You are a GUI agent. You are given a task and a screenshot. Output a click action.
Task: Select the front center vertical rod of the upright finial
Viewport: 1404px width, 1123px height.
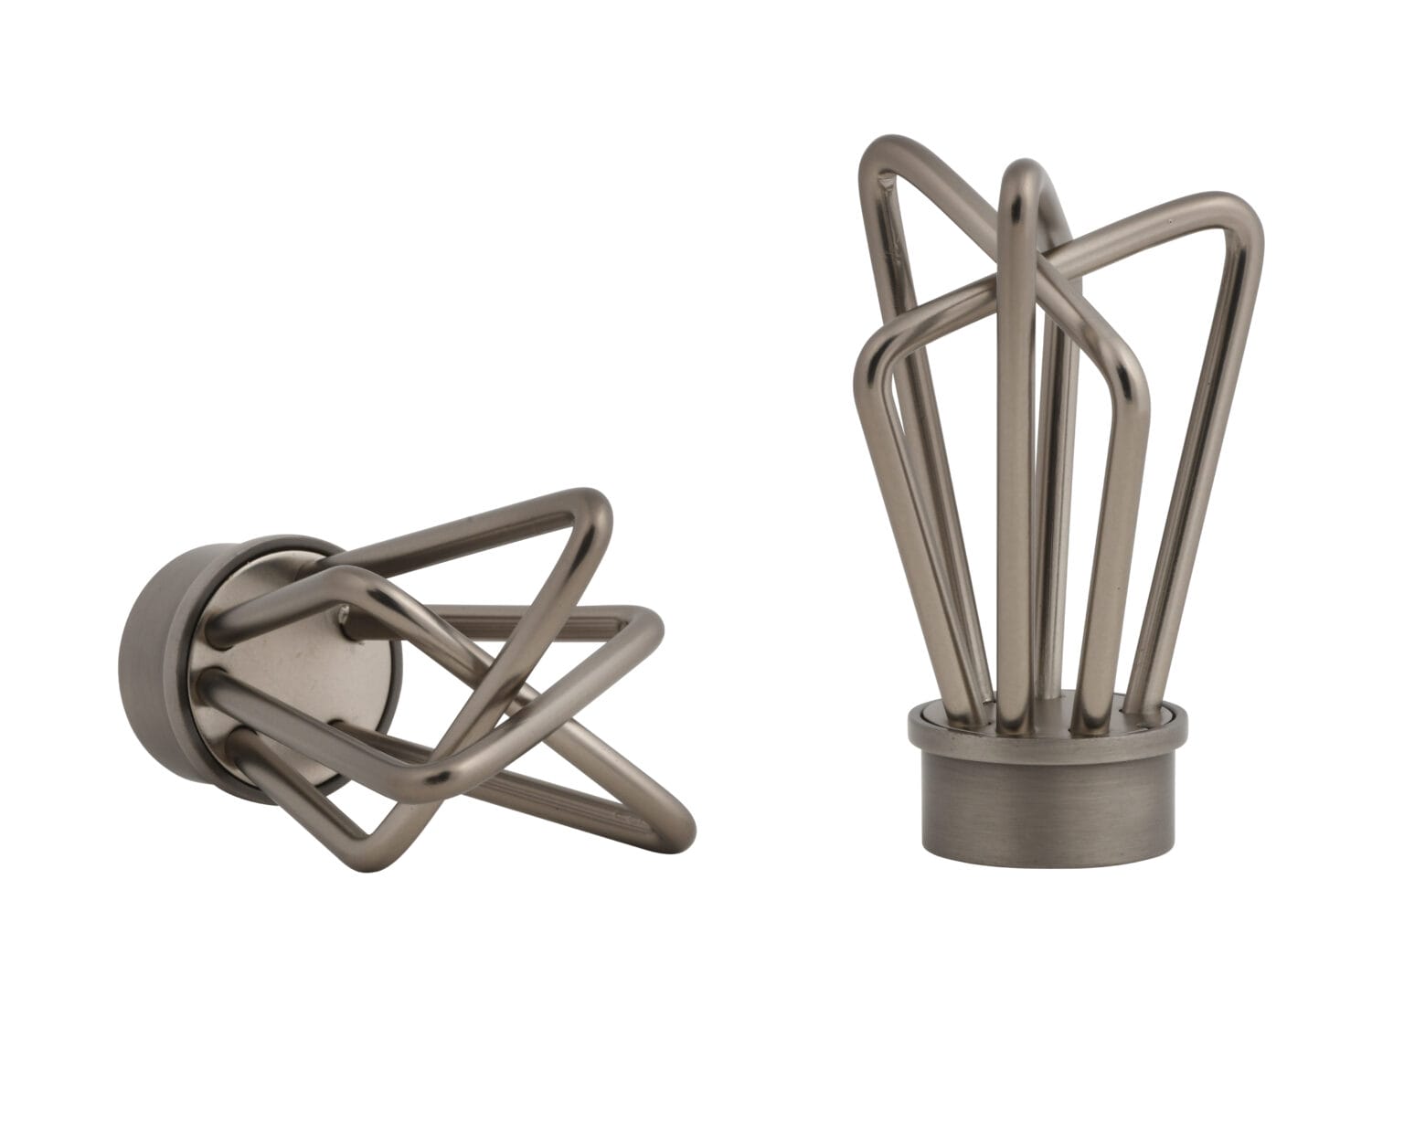point(1016,457)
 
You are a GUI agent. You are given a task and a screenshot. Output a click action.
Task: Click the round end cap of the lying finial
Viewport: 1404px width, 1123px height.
point(155,640)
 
